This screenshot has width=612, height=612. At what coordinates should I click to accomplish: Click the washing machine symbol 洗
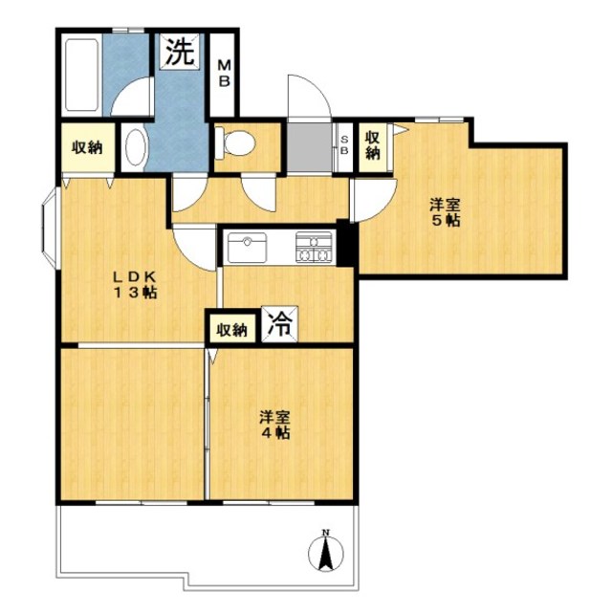pyautogui.click(x=180, y=52)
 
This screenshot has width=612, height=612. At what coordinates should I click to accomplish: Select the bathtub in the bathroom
pyautogui.click(x=81, y=75)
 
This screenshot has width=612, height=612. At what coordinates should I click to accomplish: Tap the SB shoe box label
pyautogui.click(x=344, y=145)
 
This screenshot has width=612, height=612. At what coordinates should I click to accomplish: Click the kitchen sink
pyautogui.click(x=247, y=248)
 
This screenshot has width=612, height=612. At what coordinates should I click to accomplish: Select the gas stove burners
pyautogui.click(x=314, y=247)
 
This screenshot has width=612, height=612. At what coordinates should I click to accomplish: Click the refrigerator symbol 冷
pyautogui.click(x=280, y=324)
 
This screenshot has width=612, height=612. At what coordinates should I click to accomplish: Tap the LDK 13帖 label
pyautogui.click(x=135, y=285)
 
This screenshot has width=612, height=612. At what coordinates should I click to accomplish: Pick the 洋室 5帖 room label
pyautogui.click(x=446, y=212)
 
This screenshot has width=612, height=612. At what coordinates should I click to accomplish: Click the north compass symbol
pyautogui.click(x=325, y=551)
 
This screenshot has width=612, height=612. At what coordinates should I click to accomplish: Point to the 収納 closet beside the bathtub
pyautogui.click(x=87, y=147)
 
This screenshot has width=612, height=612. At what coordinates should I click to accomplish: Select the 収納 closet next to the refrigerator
pyautogui.click(x=232, y=330)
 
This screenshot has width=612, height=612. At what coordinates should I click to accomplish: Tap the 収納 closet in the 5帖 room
pyautogui.click(x=373, y=145)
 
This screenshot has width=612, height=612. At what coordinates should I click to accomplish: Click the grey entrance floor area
pyautogui.click(x=310, y=147)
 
